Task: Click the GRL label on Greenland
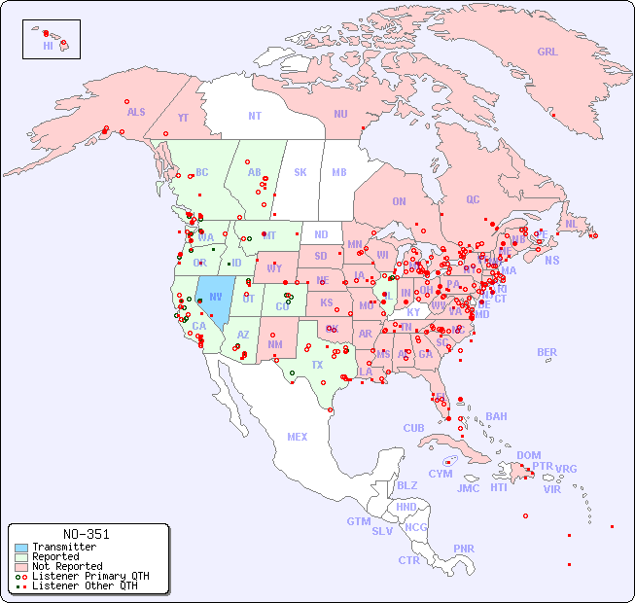pyautogui.click(x=547, y=53)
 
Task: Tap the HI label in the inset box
pyautogui.click(x=48, y=46)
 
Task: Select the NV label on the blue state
pyautogui.click(x=215, y=297)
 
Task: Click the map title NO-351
pyautogui.click(x=86, y=534)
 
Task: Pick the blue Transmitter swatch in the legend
pyautogui.click(x=21, y=548)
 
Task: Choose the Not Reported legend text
pyautogui.click(x=67, y=566)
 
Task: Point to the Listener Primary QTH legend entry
pyautogui.click(x=89, y=576)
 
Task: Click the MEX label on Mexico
pyautogui.click(x=297, y=437)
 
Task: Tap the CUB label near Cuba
pyautogui.click(x=413, y=428)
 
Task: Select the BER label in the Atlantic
pyautogui.click(x=547, y=352)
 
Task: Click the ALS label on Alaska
pyautogui.click(x=136, y=112)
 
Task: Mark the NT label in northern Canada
pyautogui.click(x=254, y=116)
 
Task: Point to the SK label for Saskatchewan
pyautogui.click(x=300, y=172)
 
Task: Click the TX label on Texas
pyautogui.click(x=317, y=365)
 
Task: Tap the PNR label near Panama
pyautogui.click(x=464, y=549)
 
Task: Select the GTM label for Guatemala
pyautogui.click(x=358, y=521)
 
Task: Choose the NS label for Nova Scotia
pyautogui.click(x=551, y=261)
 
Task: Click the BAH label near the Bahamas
pyautogui.click(x=496, y=416)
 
